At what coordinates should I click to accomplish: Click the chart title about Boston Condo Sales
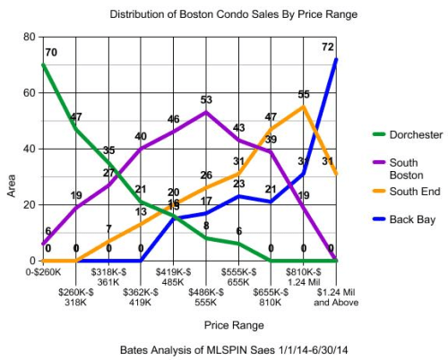233,15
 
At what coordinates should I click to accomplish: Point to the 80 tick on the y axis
29,37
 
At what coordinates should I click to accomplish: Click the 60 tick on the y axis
29,93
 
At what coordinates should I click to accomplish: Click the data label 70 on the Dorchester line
51,53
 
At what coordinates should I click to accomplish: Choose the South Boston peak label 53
206,100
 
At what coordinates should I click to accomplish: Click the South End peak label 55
304,94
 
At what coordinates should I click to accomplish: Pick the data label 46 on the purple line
173,119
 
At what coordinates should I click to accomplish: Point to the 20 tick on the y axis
29,205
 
